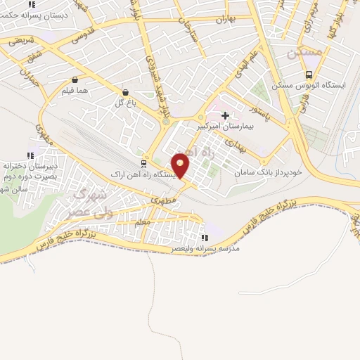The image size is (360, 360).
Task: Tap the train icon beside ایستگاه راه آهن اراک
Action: click(143, 163)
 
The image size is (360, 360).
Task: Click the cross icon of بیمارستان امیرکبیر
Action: click(225, 115)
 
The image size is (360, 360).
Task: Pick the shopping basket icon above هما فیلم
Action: click(75, 79)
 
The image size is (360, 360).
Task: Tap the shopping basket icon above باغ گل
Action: click(125, 91)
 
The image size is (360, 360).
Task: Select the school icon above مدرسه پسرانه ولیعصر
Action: click(205, 238)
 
